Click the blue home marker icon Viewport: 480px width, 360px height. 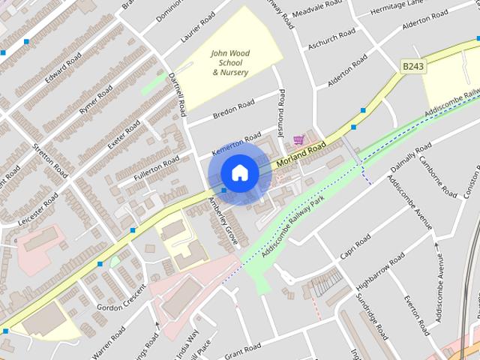point(239,173)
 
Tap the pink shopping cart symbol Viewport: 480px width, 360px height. point(299,139)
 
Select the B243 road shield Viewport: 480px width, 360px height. point(412,67)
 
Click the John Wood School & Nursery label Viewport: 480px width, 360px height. point(230,63)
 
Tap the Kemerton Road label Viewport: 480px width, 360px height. point(236,141)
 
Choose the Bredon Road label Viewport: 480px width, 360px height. point(234,109)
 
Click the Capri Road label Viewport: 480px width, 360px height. point(355,247)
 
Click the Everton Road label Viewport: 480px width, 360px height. point(415,315)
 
